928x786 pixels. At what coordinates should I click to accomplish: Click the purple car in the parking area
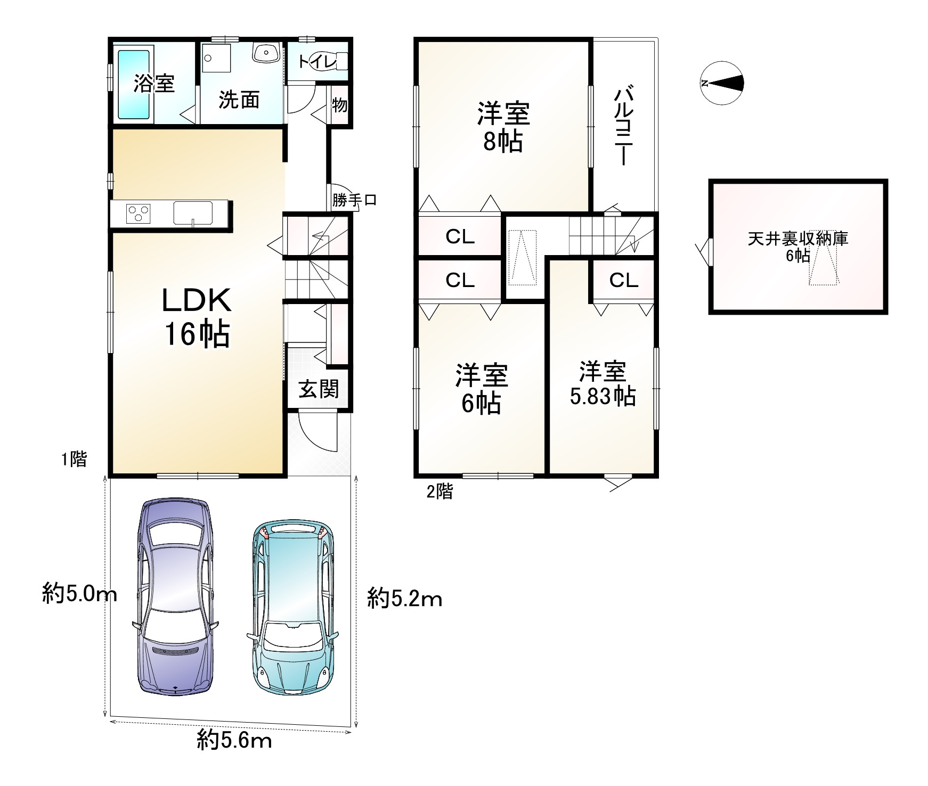tap(176, 596)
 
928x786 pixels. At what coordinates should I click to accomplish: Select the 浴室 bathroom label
tap(154, 84)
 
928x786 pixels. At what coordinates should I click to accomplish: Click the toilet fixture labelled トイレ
tap(323, 62)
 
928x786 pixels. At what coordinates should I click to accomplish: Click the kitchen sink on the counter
tap(193, 213)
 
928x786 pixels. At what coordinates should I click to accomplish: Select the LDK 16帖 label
tap(196, 317)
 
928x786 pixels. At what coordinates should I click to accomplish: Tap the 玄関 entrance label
tap(319, 389)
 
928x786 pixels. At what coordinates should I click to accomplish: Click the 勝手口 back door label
tap(354, 200)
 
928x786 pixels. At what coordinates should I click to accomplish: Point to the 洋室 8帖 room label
tap(503, 128)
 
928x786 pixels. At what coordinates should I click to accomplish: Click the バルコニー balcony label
tap(623, 127)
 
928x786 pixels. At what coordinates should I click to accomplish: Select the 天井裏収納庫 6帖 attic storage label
tap(797, 247)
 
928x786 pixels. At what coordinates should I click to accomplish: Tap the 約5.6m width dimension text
tap(234, 740)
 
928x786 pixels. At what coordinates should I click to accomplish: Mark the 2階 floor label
tap(439, 491)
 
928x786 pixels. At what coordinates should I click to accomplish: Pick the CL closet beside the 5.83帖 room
tap(624, 280)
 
